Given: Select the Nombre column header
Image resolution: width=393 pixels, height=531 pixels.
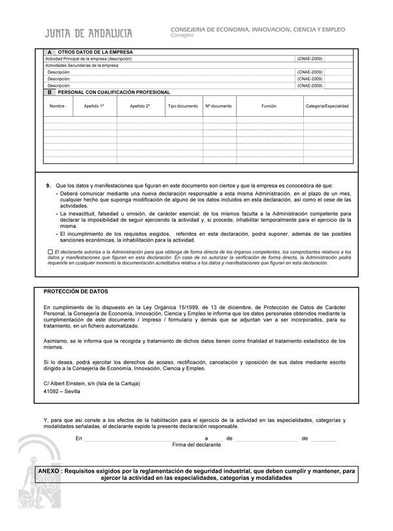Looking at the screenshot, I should coord(57,106).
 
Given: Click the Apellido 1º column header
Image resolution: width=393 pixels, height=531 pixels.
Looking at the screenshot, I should coord(94,106).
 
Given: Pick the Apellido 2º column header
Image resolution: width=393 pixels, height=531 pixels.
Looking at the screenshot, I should coord(140,106).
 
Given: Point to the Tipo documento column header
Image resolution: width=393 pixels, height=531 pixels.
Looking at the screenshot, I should coord(183,106).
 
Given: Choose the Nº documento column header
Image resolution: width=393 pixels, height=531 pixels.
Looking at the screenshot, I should coord(218,106).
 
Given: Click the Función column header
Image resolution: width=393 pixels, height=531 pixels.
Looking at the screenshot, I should coord(269,106).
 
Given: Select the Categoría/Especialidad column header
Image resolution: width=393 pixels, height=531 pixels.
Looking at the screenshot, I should coord(327,106).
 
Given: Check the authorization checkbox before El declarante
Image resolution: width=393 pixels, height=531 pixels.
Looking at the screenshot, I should coord(50,252).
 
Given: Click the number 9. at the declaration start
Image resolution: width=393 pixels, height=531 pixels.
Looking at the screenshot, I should coord(48,186).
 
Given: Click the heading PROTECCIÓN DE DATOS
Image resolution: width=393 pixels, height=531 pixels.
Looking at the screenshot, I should coord(75,291).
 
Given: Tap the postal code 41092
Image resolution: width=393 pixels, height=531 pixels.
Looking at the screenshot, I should coord(52,391).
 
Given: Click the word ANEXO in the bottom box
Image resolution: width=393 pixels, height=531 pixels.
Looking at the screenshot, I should coord(50,471).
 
